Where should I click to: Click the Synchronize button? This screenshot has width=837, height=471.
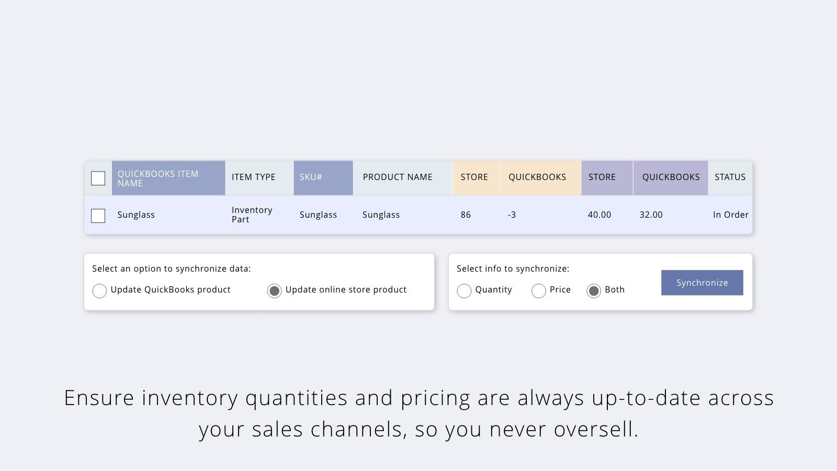(x=702, y=283)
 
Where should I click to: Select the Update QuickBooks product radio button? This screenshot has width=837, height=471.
(x=99, y=290)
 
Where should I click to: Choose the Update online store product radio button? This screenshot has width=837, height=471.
(x=274, y=290)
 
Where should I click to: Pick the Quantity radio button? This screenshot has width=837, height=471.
(x=464, y=290)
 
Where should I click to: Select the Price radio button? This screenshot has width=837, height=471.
(x=538, y=290)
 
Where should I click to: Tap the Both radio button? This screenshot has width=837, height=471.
(x=593, y=290)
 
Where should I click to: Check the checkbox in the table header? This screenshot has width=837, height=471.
(x=98, y=178)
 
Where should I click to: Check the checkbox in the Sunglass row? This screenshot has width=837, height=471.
(x=98, y=216)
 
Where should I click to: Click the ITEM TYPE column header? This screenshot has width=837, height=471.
(x=254, y=177)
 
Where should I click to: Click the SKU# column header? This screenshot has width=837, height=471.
(x=311, y=177)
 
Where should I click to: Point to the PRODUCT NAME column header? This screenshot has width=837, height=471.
(x=398, y=177)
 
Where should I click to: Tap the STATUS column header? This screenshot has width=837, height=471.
(x=730, y=177)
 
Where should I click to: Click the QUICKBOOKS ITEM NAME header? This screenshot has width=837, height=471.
(x=158, y=178)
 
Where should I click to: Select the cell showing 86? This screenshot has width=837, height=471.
(x=466, y=215)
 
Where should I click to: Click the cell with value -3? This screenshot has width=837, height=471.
(x=512, y=215)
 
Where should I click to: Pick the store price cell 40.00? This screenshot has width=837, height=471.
(x=600, y=215)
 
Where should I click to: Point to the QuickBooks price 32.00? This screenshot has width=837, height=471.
(x=651, y=215)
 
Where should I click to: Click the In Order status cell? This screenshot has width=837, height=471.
(x=730, y=215)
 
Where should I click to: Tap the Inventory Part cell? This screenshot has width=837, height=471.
(x=252, y=215)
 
